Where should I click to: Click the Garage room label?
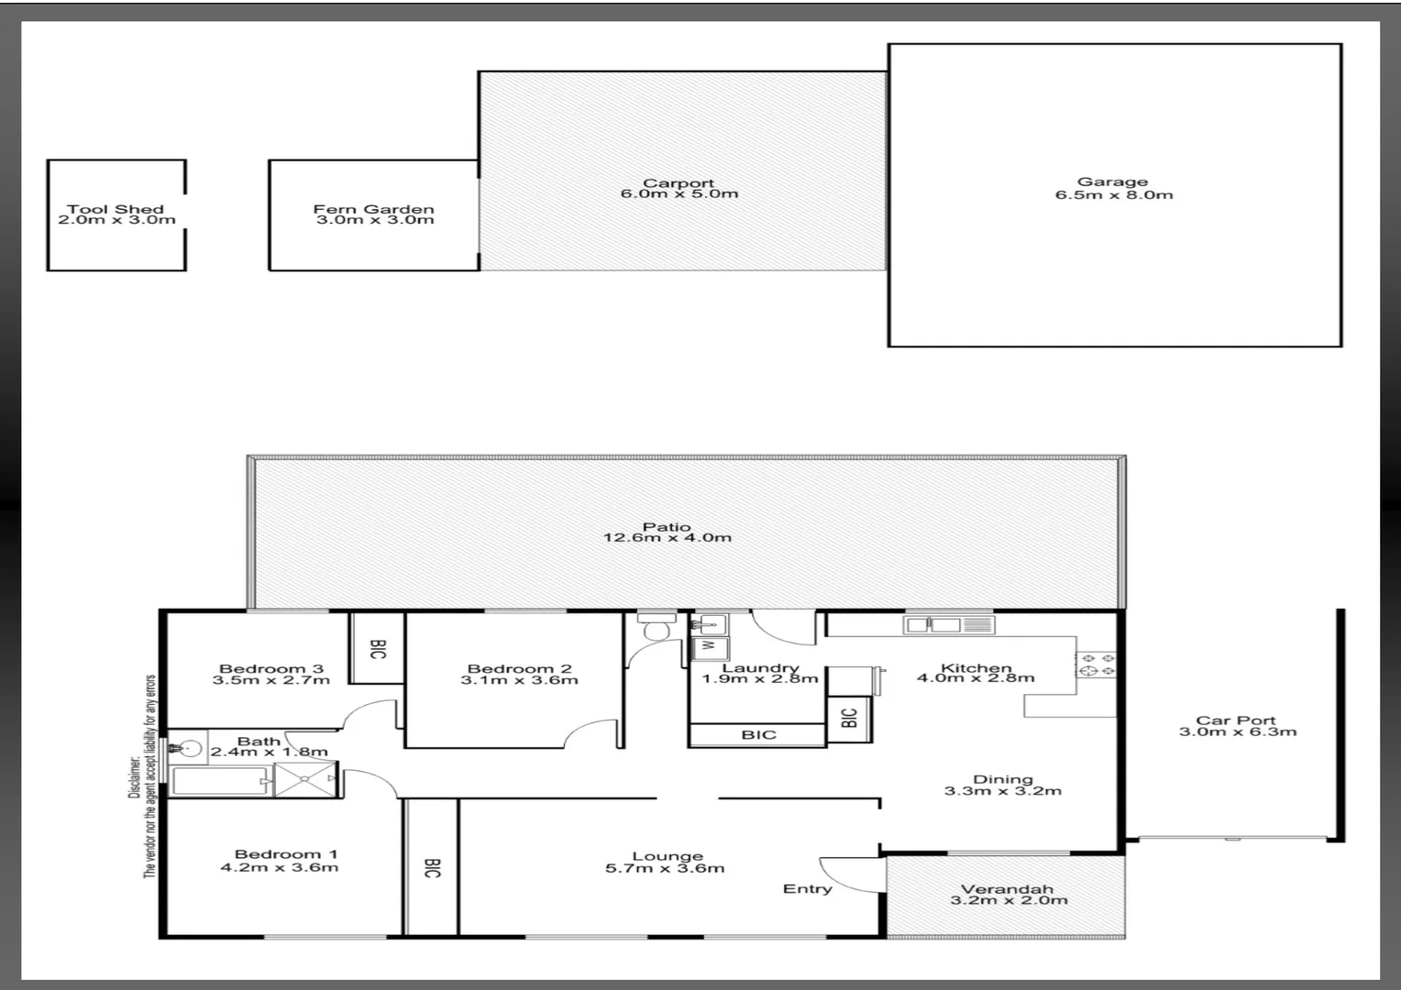1112,181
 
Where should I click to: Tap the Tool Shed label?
116,209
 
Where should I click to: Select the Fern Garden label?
373,209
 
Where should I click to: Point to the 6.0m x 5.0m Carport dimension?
678,194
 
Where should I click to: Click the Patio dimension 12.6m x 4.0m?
667,538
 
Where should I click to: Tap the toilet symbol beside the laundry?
656,628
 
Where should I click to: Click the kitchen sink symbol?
948,625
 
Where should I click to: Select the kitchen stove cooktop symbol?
1096,665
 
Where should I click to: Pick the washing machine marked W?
708,647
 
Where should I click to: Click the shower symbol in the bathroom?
306,780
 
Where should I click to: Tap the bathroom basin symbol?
188,747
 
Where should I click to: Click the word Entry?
807,888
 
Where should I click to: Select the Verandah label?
1007,888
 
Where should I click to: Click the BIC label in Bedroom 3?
378,648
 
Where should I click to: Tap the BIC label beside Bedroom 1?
432,867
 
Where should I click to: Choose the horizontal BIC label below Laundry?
758,734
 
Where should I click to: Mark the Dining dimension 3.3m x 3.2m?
1003,791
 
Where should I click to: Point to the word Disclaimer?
134,777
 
